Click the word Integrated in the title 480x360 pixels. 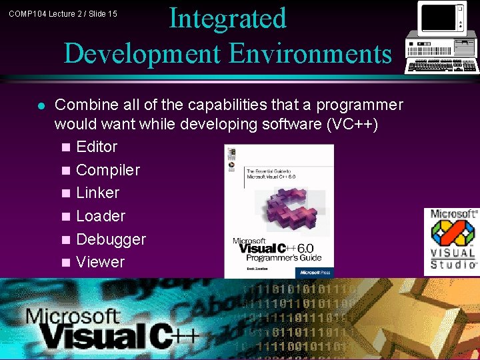[227, 19]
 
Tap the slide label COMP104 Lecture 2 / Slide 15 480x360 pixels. [63, 13]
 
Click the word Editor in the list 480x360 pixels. [97, 147]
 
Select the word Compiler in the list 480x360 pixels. [108, 170]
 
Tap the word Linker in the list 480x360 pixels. [98, 193]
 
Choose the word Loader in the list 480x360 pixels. [101, 216]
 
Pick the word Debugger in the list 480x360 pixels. [111, 239]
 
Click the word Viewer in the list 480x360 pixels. [101, 262]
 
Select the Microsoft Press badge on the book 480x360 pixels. [314, 272]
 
